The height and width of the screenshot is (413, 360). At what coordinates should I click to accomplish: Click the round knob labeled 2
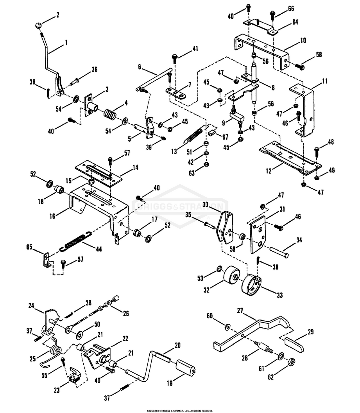(x=38, y=25)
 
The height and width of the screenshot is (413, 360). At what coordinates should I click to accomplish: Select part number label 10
(x=292, y=40)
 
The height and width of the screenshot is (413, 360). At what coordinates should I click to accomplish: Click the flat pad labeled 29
(x=294, y=344)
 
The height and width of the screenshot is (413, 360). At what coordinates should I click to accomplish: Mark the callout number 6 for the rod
(x=139, y=67)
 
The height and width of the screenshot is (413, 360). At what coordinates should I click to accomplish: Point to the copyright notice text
(x=180, y=411)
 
